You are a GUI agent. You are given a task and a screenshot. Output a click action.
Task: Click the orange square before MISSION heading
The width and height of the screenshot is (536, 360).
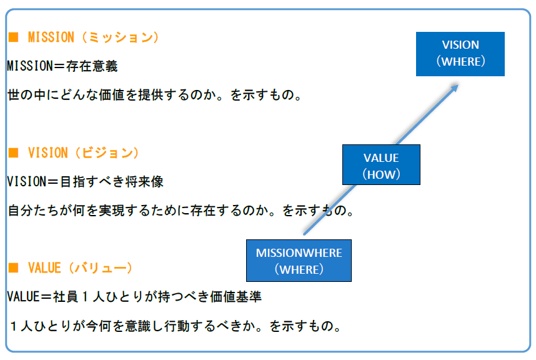point(13,37)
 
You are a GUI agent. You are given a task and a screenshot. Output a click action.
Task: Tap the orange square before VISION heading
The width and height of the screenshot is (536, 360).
point(13,152)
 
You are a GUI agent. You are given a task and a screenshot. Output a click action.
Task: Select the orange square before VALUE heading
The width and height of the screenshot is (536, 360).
point(13,267)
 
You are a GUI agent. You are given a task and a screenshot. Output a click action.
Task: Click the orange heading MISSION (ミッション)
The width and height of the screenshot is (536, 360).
point(93,37)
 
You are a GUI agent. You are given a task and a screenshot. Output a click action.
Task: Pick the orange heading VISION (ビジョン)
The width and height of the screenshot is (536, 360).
point(84,153)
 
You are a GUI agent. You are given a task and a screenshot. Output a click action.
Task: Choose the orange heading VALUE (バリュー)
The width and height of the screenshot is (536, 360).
point(80,268)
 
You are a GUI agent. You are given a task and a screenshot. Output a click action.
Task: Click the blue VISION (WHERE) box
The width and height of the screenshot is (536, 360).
point(460,54)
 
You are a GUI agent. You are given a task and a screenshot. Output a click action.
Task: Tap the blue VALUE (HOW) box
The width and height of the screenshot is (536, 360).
point(381,164)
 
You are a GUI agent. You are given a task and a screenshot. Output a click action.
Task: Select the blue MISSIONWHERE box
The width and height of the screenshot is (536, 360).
point(299,261)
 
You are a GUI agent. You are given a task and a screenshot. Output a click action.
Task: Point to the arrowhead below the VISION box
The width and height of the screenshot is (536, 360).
point(454,88)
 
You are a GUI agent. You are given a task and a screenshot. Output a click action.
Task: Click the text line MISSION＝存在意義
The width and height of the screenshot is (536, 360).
point(62,66)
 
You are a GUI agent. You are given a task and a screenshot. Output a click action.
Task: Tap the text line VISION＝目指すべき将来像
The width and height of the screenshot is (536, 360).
point(85,181)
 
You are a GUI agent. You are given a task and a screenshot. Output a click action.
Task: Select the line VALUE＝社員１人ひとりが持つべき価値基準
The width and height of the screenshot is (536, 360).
point(134,297)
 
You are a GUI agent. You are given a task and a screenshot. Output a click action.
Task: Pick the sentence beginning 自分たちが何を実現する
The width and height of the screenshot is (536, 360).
point(181,211)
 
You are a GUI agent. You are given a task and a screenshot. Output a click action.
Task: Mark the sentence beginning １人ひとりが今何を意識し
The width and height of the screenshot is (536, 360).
point(176,326)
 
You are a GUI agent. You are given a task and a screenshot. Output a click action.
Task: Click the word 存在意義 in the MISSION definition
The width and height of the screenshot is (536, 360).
point(92,66)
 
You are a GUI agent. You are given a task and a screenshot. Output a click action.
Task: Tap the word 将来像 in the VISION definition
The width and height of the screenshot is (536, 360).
point(144,181)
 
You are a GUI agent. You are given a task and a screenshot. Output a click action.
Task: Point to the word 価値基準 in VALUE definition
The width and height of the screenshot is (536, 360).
point(236,297)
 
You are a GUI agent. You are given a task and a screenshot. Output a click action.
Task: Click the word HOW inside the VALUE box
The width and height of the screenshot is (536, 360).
point(382,175)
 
